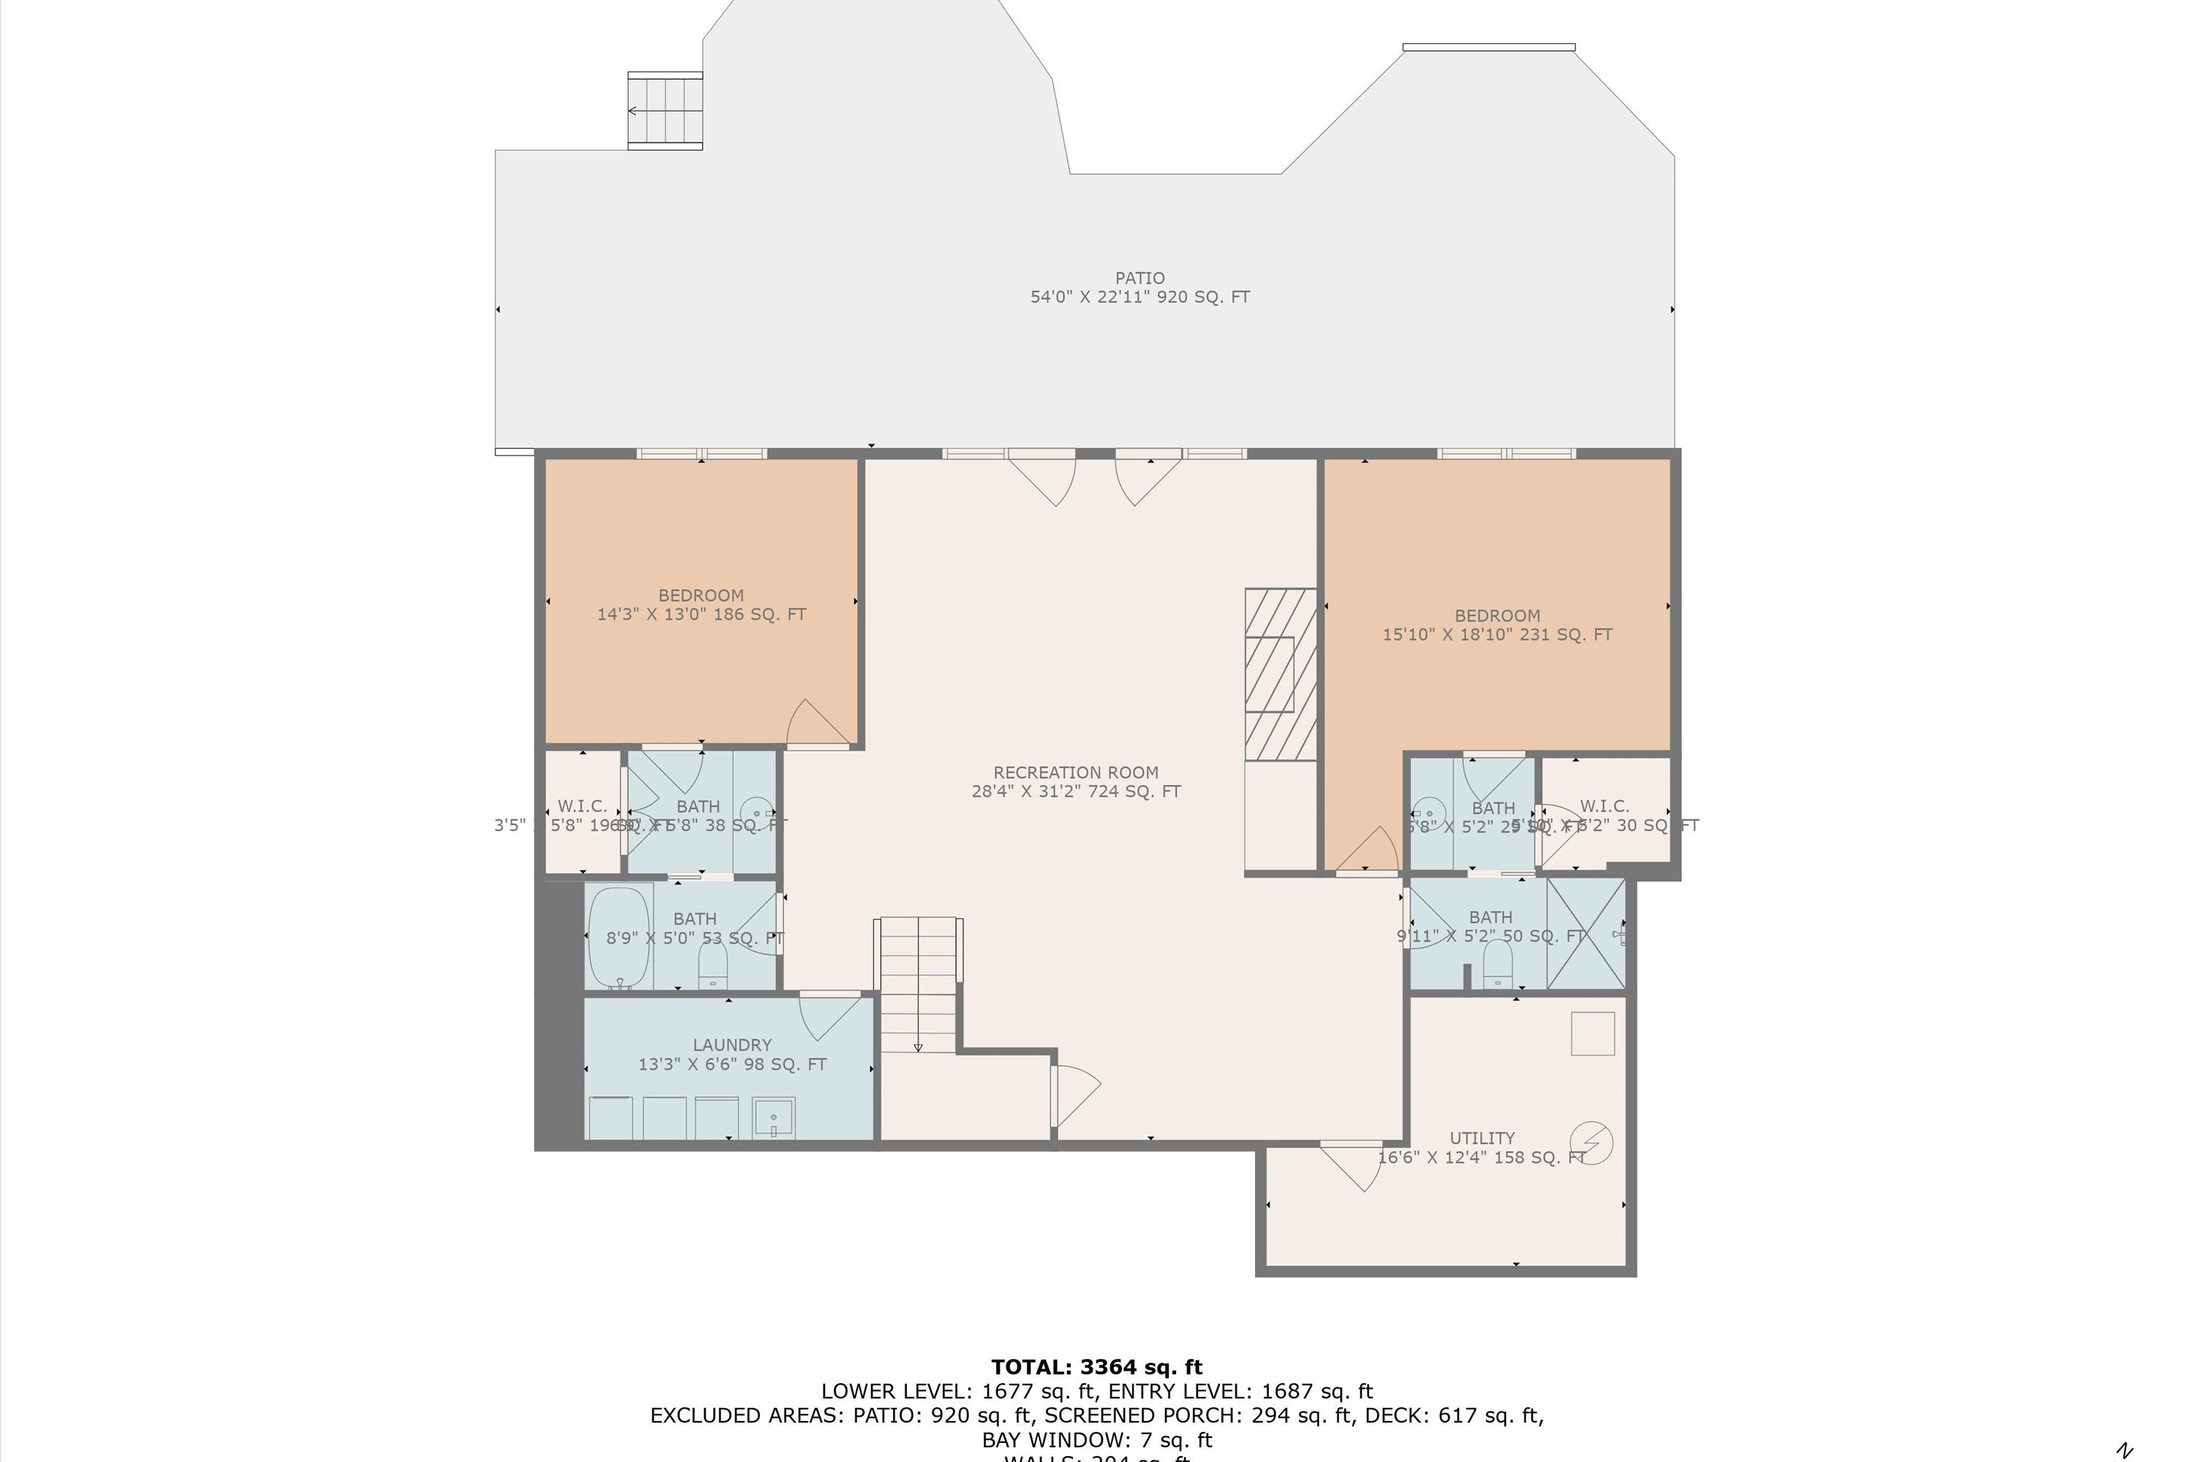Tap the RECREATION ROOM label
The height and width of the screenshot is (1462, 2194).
click(1076, 772)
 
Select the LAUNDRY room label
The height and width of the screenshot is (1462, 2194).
click(731, 1045)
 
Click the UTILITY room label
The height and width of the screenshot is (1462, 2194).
click(1482, 1137)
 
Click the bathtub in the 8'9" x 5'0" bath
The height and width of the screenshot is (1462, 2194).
click(619, 937)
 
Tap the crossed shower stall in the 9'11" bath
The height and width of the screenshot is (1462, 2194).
click(1586, 933)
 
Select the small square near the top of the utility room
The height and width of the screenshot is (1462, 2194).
click(1592, 1033)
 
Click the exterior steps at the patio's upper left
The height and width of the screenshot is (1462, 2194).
click(664, 110)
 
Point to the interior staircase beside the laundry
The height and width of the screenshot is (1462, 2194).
click(918, 985)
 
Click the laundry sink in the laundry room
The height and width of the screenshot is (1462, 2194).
click(773, 1118)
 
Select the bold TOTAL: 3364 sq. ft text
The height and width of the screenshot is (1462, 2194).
click(1096, 1367)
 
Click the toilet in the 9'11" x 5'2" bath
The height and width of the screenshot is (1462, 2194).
click(1497, 964)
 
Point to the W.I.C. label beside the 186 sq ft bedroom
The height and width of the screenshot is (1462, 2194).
click(582, 806)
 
